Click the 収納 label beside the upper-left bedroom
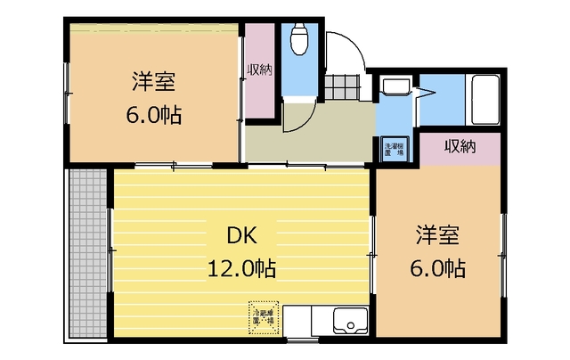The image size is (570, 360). click(260, 70)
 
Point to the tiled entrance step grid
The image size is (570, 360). click(340, 88)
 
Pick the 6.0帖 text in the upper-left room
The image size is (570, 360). click(154, 115)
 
